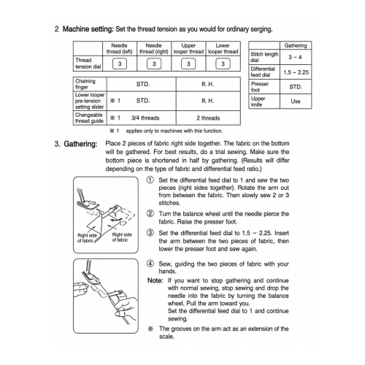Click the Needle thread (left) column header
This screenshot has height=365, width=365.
[x=119, y=49]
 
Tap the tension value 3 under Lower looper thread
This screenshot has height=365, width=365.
[x=223, y=64]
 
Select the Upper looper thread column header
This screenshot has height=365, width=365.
[x=188, y=49]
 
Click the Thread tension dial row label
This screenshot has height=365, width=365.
[x=88, y=64]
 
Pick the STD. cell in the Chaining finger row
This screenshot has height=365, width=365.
[x=143, y=84]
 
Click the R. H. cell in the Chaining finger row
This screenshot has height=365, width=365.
[x=207, y=84]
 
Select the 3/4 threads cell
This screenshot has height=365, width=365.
[x=145, y=118]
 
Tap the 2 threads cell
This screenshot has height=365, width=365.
[x=208, y=118]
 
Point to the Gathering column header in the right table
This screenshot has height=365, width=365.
[x=296, y=45]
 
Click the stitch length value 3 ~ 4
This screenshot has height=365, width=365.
[x=295, y=57]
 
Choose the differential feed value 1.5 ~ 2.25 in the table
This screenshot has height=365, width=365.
[x=296, y=72]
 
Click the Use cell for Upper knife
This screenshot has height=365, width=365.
[x=296, y=101]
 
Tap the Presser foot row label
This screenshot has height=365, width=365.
[x=260, y=87]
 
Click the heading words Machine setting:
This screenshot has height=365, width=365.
[x=88, y=29]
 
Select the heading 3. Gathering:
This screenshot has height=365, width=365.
[x=76, y=144]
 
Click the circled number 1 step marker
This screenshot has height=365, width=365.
[x=150, y=180]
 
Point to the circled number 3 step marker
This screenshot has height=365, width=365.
[x=150, y=233]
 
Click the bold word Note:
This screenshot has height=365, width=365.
[x=155, y=280]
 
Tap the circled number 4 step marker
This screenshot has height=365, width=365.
[x=150, y=264]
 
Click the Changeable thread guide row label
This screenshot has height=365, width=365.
[x=89, y=118]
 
